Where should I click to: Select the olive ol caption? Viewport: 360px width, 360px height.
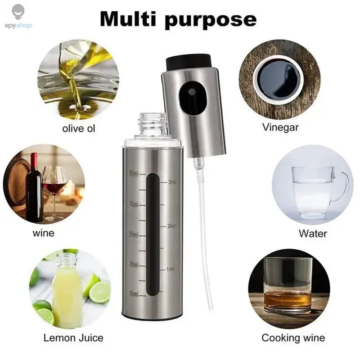point(79,129)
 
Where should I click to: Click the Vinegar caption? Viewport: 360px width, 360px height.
point(280,127)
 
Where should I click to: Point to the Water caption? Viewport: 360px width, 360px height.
point(313,234)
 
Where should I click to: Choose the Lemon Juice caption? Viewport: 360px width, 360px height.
point(73,337)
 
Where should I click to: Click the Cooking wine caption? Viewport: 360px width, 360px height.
point(293,337)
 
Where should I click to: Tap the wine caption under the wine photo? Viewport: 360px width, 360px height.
point(44,233)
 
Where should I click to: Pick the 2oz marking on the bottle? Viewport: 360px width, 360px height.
point(172,225)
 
